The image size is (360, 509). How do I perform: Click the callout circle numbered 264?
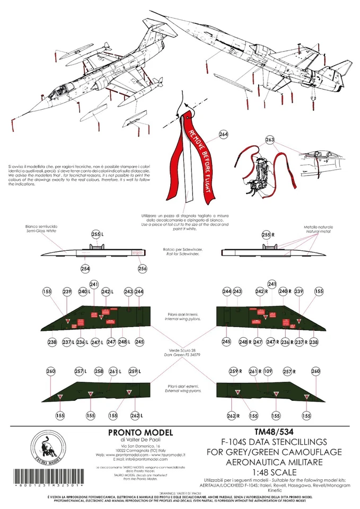point(223,135)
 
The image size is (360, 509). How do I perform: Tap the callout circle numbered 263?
point(269,140)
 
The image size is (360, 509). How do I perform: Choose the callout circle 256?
point(142,269)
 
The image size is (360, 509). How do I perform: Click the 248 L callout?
point(123,343)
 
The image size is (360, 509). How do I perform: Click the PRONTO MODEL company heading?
point(137,433)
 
